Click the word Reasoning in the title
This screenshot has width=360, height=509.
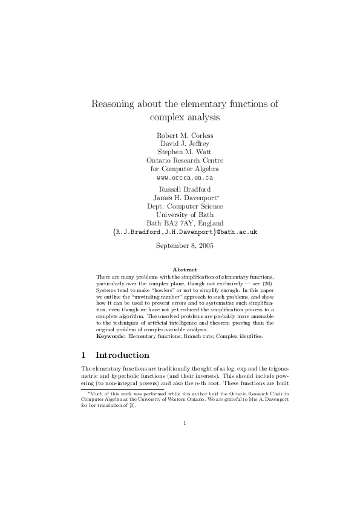pos(114,103)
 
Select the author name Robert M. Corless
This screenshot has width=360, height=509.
pos(185,135)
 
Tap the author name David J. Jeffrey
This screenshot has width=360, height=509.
pos(185,144)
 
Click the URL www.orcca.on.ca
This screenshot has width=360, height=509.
pos(185,178)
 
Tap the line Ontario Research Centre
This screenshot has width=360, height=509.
pos(185,161)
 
